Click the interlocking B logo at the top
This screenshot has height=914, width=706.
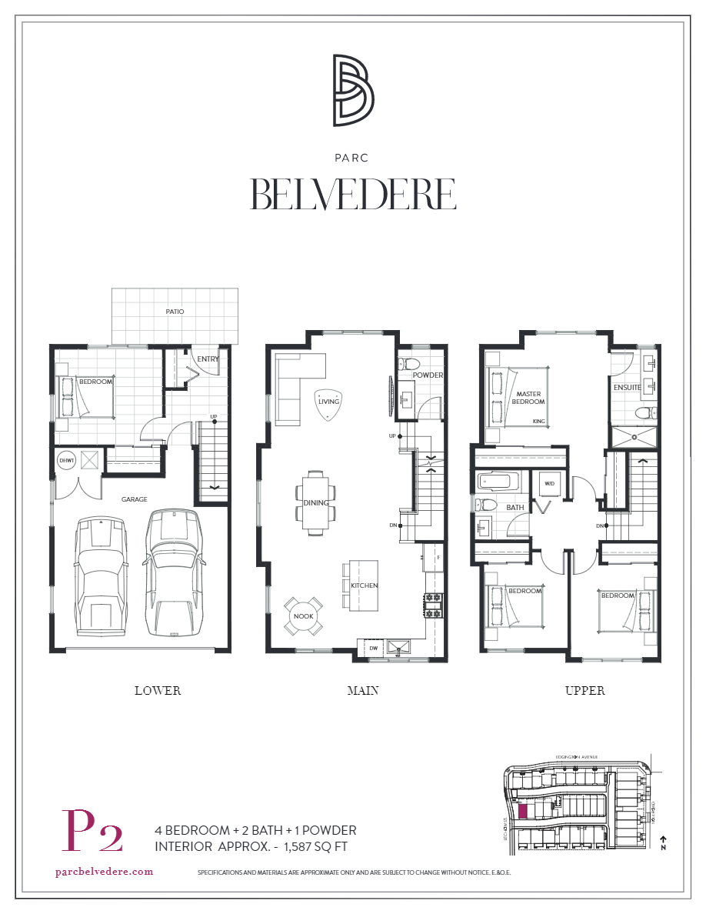point(353,90)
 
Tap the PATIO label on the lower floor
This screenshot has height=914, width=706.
point(175,312)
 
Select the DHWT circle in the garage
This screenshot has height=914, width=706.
point(66,460)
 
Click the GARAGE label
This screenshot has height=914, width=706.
point(134,499)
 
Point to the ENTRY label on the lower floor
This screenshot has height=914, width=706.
point(208,359)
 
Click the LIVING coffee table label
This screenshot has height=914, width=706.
point(328,401)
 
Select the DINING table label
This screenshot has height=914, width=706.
point(316,503)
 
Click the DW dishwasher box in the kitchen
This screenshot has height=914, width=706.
point(373,648)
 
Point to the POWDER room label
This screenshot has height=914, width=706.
point(428,375)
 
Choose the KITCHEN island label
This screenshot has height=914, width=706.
point(364,585)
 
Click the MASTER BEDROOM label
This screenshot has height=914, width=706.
point(529,398)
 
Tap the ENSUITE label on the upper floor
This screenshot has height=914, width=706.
point(627,387)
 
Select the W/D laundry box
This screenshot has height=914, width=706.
point(550,484)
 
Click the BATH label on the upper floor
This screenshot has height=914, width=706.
point(515,508)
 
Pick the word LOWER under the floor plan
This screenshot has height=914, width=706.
point(158,690)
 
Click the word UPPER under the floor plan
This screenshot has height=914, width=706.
point(584,690)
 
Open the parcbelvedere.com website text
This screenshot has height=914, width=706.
point(105,872)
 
